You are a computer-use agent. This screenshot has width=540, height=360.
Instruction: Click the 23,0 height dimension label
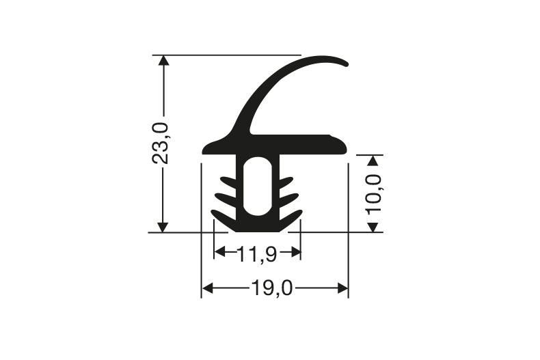pyautogui.click(x=161, y=143)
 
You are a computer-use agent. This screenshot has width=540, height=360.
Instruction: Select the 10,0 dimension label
pyautogui.click(x=374, y=193)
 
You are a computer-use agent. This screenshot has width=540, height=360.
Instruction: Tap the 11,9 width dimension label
pyautogui.click(x=257, y=254)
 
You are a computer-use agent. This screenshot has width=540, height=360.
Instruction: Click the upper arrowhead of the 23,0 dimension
pyautogui.click(x=163, y=61)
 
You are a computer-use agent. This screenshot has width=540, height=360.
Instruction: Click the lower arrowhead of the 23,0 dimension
pyautogui.click(x=163, y=226)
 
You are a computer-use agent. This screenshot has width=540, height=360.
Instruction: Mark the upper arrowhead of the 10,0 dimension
pyautogui.click(x=373, y=161)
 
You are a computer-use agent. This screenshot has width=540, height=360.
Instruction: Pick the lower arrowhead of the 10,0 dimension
pyautogui.click(x=373, y=226)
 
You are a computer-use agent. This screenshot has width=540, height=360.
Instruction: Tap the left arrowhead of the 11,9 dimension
pyautogui.click(x=219, y=253)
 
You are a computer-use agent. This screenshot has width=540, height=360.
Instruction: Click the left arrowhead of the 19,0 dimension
pyautogui.click(x=207, y=288)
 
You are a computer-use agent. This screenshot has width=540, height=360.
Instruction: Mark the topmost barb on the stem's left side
pyautogui.click(x=228, y=182)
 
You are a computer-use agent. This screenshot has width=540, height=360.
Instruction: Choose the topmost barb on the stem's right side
pyautogui.click(x=286, y=182)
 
